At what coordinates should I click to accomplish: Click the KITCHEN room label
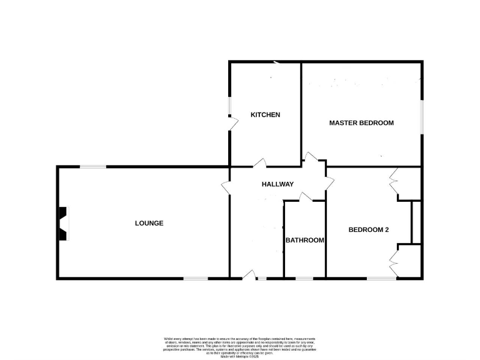(265, 115)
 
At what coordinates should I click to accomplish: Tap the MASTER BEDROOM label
(361, 123)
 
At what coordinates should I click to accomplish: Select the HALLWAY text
(277, 184)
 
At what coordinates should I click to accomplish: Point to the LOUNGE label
(149, 223)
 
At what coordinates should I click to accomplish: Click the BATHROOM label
(305, 241)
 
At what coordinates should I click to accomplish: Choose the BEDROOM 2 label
(369, 230)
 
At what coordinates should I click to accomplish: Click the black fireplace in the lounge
(62, 224)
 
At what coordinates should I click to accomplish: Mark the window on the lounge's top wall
(92, 166)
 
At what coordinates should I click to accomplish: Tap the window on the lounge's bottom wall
(195, 278)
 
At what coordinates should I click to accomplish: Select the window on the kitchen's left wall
(229, 106)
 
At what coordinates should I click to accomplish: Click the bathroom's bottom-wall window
(304, 278)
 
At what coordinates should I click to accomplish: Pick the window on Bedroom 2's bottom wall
(381, 278)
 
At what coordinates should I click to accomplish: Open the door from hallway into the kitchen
(259, 164)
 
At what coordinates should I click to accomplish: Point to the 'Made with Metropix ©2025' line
(239, 356)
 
